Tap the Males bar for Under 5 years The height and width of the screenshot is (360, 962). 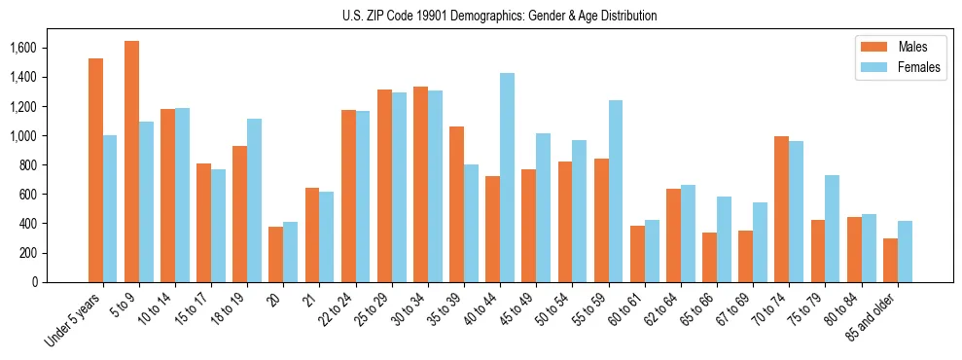(x=95, y=170)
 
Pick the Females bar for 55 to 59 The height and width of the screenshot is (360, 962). (x=615, y=191)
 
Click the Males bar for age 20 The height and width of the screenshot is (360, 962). (x=276, y=254)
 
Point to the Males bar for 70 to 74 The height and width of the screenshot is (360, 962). (x=781, y=209)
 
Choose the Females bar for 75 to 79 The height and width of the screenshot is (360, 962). (x=832, y=229)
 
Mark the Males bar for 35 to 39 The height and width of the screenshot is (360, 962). (x=456, y=204)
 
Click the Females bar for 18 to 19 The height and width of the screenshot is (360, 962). (x=254, y=200)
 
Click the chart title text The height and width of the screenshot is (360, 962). (x=500, y=16)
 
